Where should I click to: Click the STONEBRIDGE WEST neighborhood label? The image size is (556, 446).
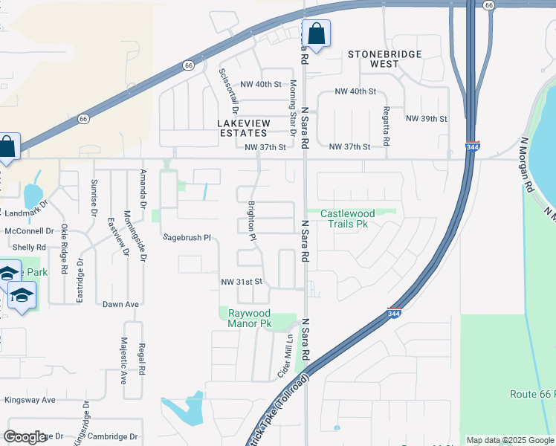tap(384, 59)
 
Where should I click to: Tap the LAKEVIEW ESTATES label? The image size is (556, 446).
tap(242, 128)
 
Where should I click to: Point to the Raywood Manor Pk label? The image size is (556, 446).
tap(249, 318)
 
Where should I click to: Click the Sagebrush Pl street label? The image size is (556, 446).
tap(188, 238)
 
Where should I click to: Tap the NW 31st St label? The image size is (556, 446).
tap(242, 282)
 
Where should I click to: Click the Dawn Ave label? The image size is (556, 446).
tap(121, 304)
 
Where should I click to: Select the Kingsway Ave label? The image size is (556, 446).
tap(30, 399)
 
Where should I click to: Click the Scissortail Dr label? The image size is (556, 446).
tap(223, 90)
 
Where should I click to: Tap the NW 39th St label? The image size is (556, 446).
tap(426, 119)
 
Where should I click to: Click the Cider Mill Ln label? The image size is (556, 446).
tap(282, 357)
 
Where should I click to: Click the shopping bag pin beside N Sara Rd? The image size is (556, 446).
tap(316, 33)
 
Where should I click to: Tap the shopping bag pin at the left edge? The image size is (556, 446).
tap(7, 146)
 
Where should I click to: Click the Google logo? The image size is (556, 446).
tap(25, 437)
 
